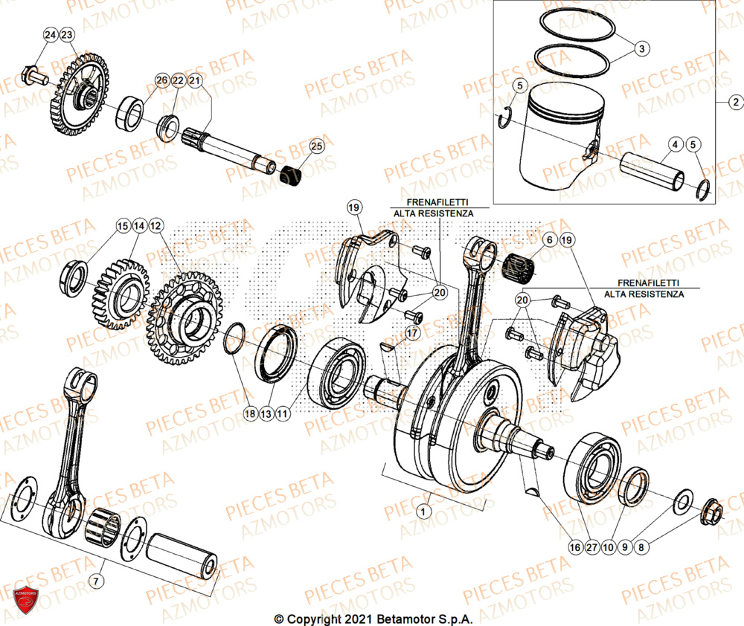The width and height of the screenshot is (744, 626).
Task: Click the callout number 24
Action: (x=49, y=36)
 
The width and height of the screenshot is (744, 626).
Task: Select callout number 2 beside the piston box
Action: (x=734, y=102)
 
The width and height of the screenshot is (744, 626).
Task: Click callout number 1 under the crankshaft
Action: (x=423, y=512)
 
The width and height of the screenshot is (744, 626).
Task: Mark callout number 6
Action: (x=549, y=240)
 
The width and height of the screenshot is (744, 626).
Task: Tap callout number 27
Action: (x=591, y=546)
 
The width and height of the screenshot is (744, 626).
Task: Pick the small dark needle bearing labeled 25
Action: (x=291, y=177)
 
